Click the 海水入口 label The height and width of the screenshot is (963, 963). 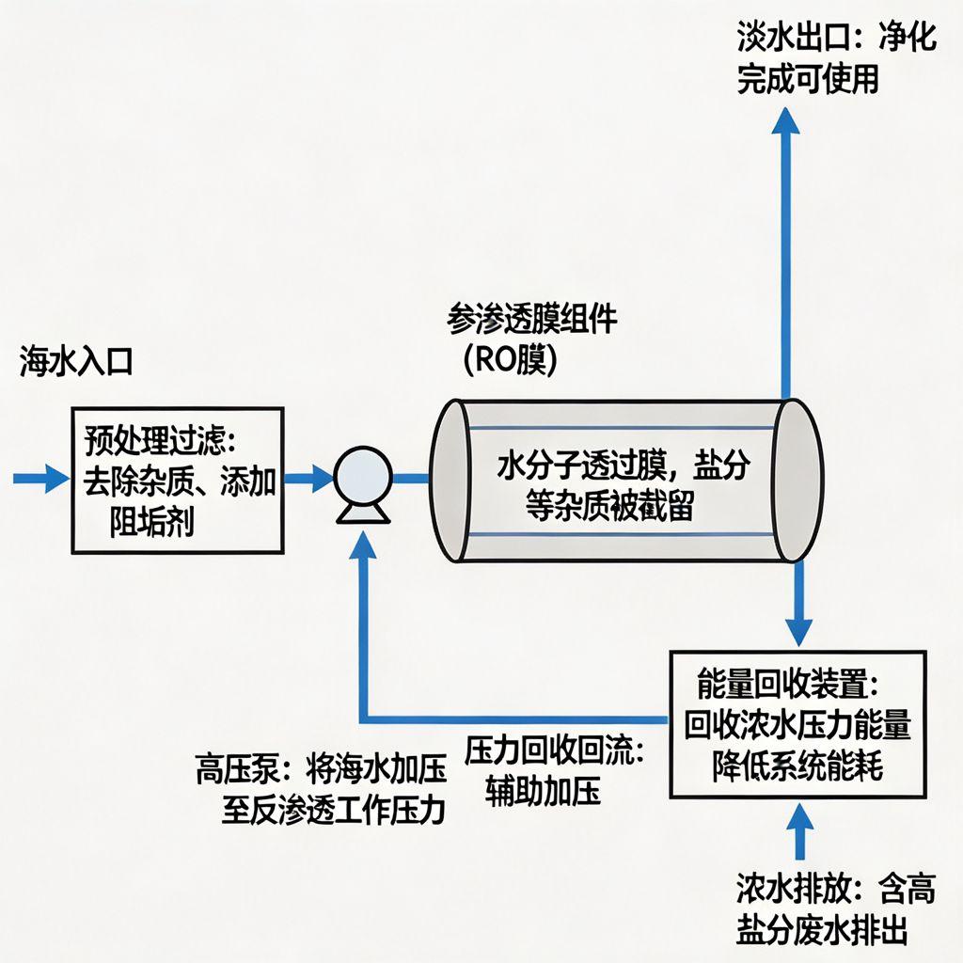pyautogui.click(x=75, y=363)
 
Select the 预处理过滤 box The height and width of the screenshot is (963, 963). pyautogui.click(x=178, y=480)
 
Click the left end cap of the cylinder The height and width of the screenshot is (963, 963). pyautogui.click(x=449, y=481)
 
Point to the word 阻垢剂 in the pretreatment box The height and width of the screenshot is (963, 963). pyautogui.click(x=151, y=521)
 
